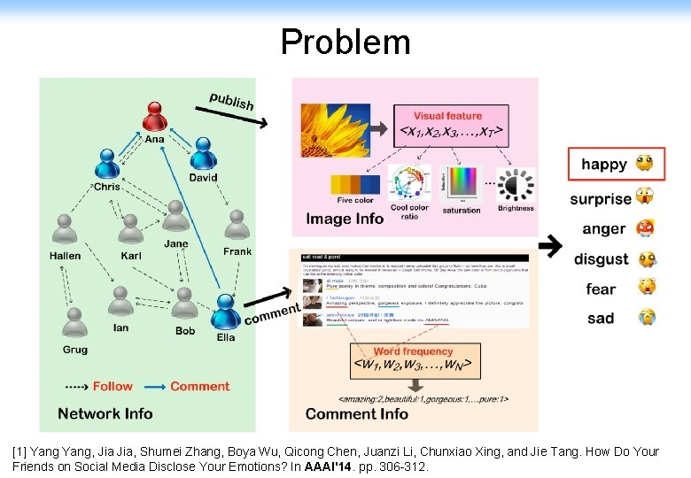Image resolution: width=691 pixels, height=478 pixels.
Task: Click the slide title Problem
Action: coord(345,42)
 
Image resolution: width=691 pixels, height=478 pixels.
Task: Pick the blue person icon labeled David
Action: coord(203,154)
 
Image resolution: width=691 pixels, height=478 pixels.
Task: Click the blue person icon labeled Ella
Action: coord(225,312)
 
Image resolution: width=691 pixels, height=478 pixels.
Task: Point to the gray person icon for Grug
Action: coord(75,325)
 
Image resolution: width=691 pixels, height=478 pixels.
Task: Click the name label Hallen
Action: coord(65,256)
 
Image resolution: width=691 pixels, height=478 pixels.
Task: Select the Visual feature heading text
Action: coord(447,115)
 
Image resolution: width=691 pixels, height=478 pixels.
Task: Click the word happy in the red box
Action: coord(603,165)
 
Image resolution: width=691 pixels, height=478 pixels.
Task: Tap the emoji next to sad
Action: coord(648,318)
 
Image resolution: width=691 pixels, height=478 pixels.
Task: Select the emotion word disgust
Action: coord(601,259)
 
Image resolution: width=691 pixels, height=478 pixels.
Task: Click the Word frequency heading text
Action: coord(413,351)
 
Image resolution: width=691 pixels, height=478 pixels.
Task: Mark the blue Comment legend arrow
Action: coord(154,386)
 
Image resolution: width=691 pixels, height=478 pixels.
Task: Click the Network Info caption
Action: coord(105,413)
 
